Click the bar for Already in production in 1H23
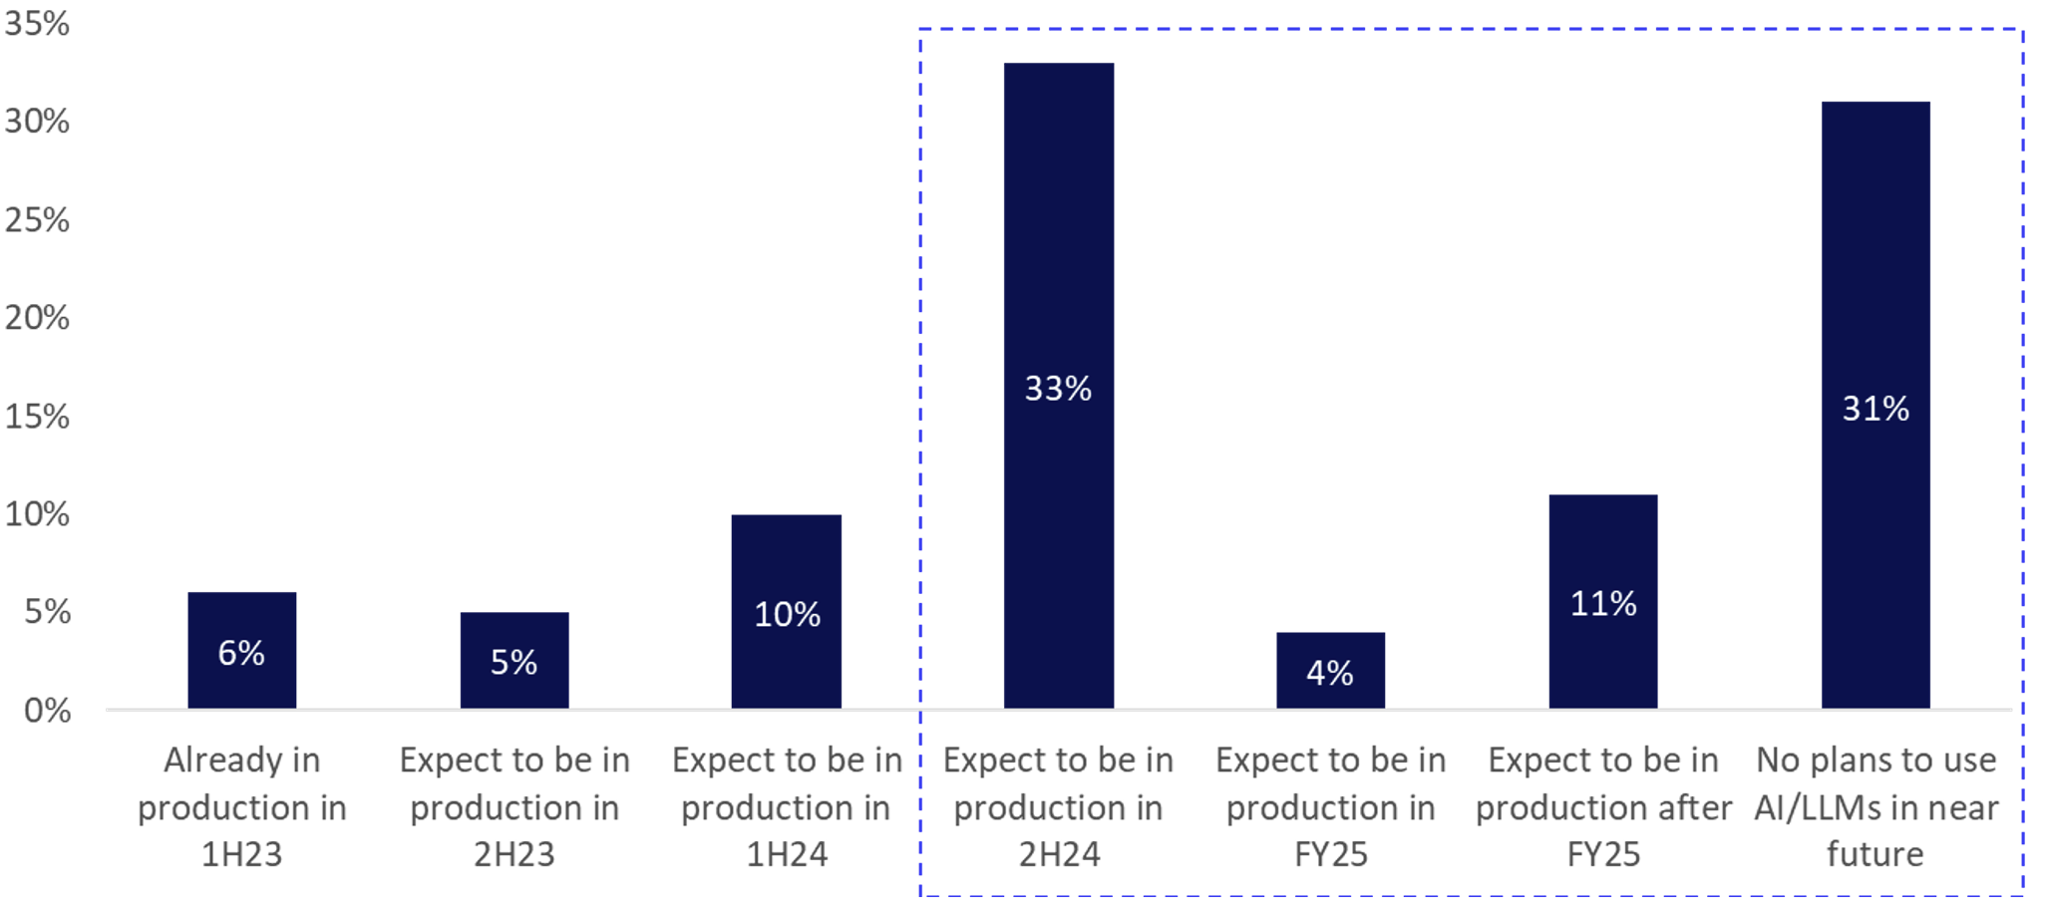pos(242,650)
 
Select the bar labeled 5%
pos(514,660)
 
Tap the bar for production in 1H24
pos(787,611)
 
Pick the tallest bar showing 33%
pos(1059,386)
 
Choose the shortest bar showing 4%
pos(1331,670)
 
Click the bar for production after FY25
pos(1603,601)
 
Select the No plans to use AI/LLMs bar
pos(1876,405)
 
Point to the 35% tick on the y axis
pos(38,23)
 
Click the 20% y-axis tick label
pos(38,318)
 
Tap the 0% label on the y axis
pos(48,711)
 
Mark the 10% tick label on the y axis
pos(38,514)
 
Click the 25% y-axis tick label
pos(38,219)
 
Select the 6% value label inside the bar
pos(241,653)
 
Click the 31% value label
pos(1876,409)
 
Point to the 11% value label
pos(1603,603)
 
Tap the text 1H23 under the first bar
pos(242,854)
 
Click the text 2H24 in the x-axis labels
pos(1059,854)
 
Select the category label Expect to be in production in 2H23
pos(514,807)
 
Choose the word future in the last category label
pos(1876,854)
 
